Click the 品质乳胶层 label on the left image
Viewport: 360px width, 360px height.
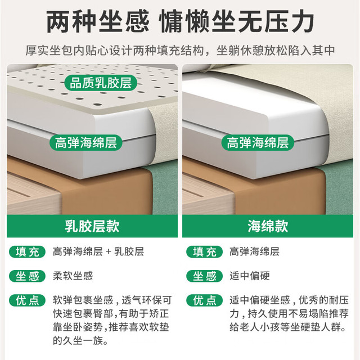pos(101,83)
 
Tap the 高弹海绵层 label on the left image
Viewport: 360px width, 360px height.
pos(86,142)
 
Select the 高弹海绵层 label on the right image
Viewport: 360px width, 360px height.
pos(258,142)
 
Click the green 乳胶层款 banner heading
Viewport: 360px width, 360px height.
pos(92,226)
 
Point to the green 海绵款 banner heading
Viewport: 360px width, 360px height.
pos(268,226)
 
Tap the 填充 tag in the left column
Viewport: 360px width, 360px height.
pos(28,252)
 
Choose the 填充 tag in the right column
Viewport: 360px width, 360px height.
pos(204,252)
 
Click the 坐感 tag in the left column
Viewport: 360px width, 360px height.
pos(28,276)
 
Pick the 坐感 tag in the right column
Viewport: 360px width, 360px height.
pos(204,276)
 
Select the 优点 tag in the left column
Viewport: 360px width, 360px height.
pos(28,300)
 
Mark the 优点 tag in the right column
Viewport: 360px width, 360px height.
pos(204,300)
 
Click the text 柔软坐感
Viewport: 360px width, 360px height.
pos(73,276)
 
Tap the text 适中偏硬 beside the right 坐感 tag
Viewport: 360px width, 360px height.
pos(250,276)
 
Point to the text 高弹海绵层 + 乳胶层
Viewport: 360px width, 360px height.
pos(98,251)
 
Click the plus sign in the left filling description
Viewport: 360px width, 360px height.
pos(109,252)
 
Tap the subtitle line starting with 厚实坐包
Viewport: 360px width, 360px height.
pos(180,51)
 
